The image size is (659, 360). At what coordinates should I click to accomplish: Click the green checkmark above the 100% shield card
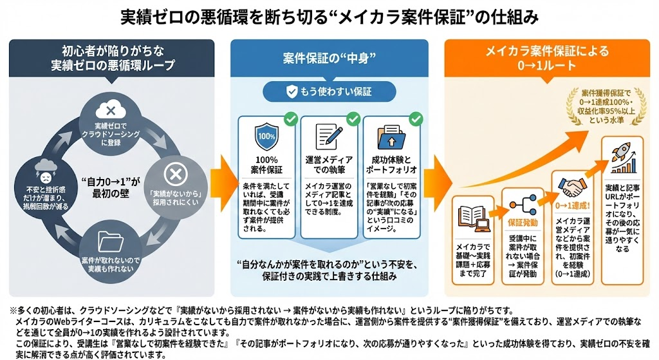click(x=290, y=119)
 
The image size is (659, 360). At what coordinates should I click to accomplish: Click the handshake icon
click(x=571, y=187)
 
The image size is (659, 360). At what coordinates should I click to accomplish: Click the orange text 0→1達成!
click(x=571, y=206)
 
